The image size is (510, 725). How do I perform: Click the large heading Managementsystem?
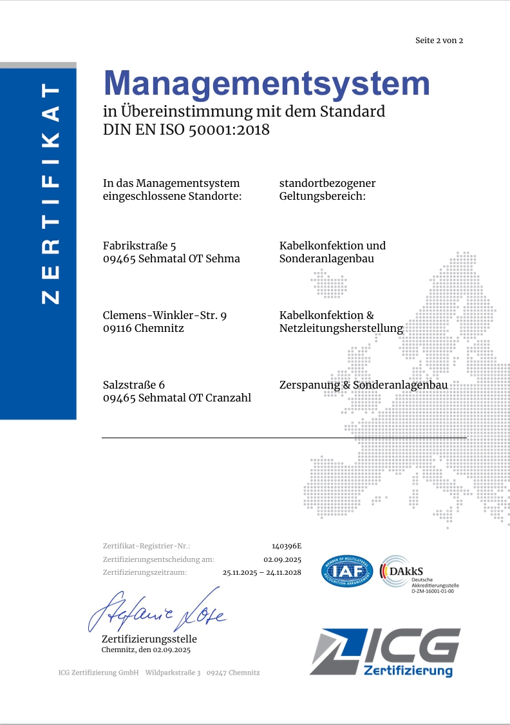(x=267, y=84)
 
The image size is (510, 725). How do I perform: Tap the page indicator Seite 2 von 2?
(x=439, y=41)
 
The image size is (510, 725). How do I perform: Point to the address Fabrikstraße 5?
(x=140, y=246)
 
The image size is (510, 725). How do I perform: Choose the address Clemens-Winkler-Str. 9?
(x=165, y=315)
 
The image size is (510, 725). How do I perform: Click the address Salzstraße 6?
(x=134, y=385)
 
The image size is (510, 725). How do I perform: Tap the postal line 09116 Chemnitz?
(x=144, y=328)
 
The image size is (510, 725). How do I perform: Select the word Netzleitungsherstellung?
(x=341, y=328)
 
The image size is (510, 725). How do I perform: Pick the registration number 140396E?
(x=287, y=546)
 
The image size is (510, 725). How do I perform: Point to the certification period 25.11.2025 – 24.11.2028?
(x=262, y=572)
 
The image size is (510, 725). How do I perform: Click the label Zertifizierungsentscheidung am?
(x=158, y=559)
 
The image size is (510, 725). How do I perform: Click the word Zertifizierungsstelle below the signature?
(x=149, y=639)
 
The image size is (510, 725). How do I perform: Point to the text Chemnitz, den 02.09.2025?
(x=146, y=650)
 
